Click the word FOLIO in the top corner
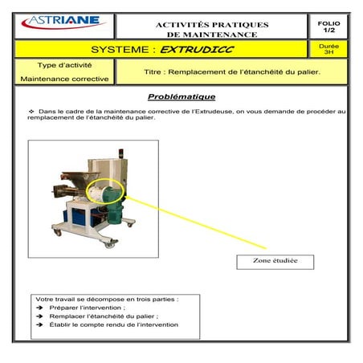click(x=328, y=24)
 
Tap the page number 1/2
click(x=328, y=31)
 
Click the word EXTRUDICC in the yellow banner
click(x=190, y=49)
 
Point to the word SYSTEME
click(x=124, y=49)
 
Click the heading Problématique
click(x=181, y=97)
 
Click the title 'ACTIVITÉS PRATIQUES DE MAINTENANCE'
click(x=212, y=30)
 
